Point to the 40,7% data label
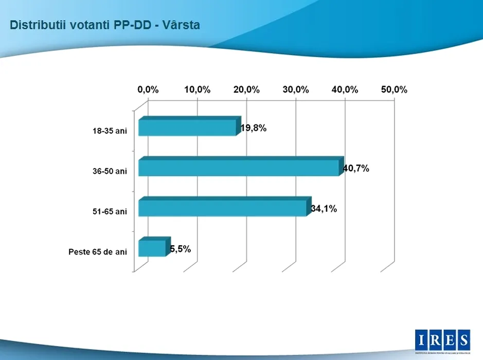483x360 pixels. click(x=356, y=168)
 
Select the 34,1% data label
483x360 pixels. click(x=324, y=209)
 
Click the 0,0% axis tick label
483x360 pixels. click(x=148, y=89)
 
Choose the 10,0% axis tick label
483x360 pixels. click(x=197, y=89)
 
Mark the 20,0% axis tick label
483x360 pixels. click(x=246, y=89)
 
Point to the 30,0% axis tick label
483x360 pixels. click(x=296, y=89)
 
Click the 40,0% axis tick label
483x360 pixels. click(x=345, y=89)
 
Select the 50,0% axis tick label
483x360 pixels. click(x=395, y=89)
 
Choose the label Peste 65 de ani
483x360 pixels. click(x=97, y=252)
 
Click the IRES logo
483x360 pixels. click(x=442, y=340)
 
